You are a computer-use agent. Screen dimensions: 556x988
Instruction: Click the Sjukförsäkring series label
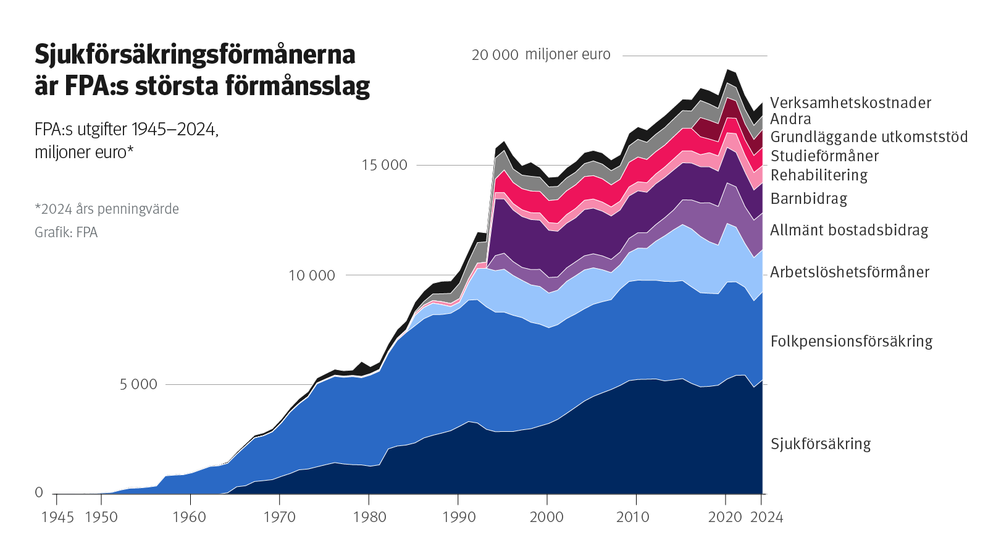[x=821, y=444]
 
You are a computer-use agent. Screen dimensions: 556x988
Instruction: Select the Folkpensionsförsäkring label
[x=851, y=342]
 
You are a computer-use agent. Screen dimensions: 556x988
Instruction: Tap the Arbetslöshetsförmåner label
[x=849, y=272]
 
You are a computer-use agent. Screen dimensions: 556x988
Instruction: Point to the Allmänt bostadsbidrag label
[x=849, y=230]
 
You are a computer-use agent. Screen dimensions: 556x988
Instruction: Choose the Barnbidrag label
[x=808, y=199]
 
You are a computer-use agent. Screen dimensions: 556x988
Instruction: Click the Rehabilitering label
[x=819, y=175]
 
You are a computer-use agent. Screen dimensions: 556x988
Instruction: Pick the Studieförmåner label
[x=824, y=156]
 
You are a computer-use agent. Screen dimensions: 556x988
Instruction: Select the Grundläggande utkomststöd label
[x=869, y=137]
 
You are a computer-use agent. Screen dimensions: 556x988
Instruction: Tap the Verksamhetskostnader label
[x=850, y=103]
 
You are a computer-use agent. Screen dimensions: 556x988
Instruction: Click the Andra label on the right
[x=790, y=119]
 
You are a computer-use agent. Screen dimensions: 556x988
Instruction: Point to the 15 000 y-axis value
[x=384, y=165]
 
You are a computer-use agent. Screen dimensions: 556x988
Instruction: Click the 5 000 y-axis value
[x=138, y=384]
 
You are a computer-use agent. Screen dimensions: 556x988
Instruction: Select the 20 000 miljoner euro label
[x=541, y=55]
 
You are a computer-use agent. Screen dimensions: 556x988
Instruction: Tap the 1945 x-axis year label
[x=57, y=517]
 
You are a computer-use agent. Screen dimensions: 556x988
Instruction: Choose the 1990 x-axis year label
[x=459, y=517]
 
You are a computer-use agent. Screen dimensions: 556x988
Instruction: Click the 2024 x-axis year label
[x=766, y=517]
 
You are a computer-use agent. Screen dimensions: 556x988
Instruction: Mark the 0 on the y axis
[x=39, y=492]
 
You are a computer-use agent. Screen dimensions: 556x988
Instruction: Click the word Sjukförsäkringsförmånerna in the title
[x=195, y=55]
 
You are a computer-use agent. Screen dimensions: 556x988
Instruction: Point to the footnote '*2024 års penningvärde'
[x=107, y=209]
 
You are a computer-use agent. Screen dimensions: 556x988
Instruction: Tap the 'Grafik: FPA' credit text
[x=66, y=232]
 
